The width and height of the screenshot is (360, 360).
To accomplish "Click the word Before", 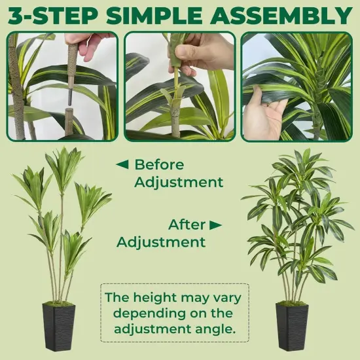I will point(160,164).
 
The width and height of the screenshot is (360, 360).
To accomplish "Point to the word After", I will point(187,225).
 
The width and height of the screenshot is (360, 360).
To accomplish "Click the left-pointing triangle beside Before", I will point(121,164).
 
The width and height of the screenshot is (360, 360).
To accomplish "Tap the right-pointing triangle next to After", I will point(215,225).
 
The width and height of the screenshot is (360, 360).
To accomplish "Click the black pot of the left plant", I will point(59,325).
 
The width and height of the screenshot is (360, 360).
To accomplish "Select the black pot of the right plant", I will point(292,325).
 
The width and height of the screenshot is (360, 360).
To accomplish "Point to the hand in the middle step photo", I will point(204,52).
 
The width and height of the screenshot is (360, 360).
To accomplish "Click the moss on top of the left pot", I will point(59,304).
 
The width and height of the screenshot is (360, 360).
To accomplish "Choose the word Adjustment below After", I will point(161,242).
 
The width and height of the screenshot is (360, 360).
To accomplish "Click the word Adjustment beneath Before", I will point(179,182).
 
